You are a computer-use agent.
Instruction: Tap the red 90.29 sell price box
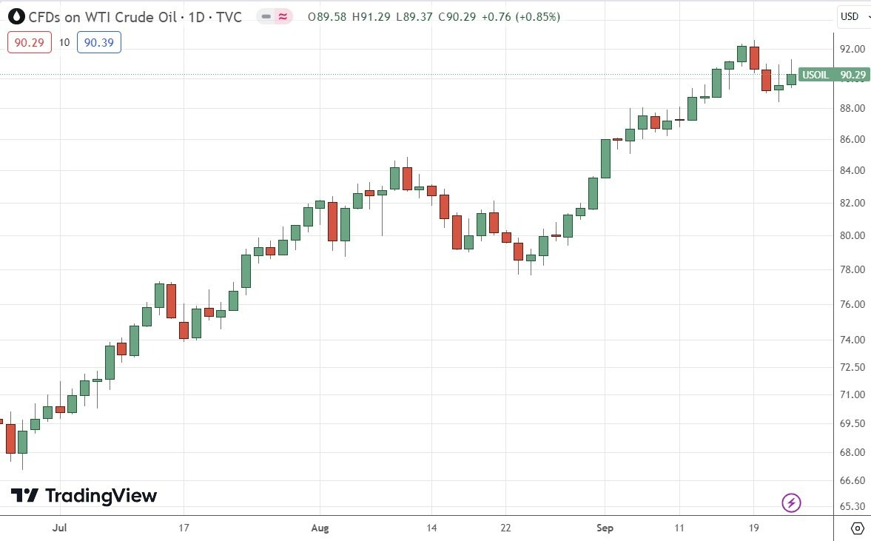[x=30, y=42]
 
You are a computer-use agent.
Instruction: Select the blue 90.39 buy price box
[x=99, y=42]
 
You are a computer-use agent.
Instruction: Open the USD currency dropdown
[x=852, y=16]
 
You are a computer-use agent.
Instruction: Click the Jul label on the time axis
[x=61, y=528]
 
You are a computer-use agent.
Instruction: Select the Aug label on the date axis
[x=320, y=528]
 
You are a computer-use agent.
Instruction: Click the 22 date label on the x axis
[x=505, y=528]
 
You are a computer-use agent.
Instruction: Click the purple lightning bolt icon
[x=792, y=503]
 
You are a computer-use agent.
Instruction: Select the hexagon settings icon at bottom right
[x=857, y=528]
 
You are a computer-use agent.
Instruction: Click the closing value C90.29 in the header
[x=457, y=16]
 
